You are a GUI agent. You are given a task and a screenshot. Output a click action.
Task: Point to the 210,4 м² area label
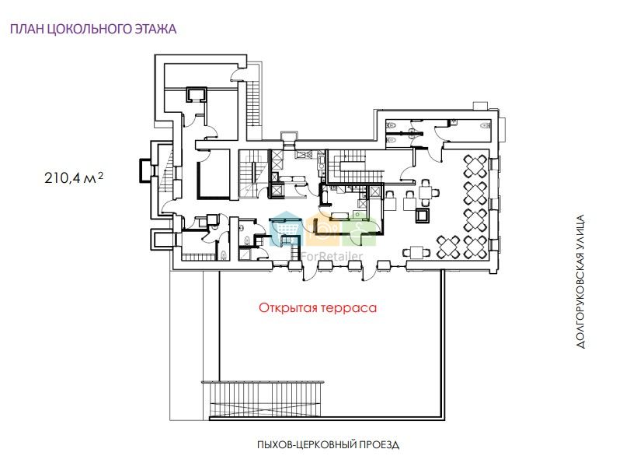click(x=74, y=177)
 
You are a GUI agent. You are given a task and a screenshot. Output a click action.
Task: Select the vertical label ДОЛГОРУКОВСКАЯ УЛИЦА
click(x=580, y=282)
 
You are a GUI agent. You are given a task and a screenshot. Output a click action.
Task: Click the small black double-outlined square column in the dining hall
click(x=423, y=216)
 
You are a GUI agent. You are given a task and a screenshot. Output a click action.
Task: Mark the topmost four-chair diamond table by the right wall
click(x=475, y=167)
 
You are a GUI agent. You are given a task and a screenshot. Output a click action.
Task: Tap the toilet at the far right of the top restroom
click(x=486, y=125)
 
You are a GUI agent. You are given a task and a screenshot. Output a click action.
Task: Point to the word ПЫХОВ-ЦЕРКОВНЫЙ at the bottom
click(x=306, y=445)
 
